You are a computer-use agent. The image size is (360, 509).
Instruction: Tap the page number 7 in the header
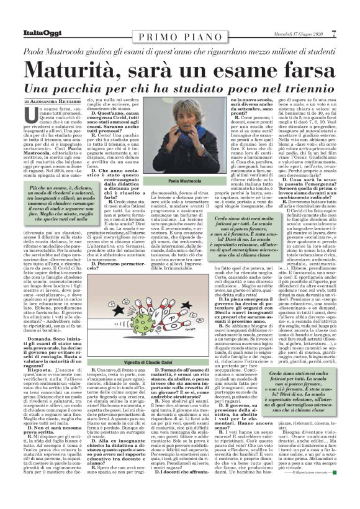point(350,16)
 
